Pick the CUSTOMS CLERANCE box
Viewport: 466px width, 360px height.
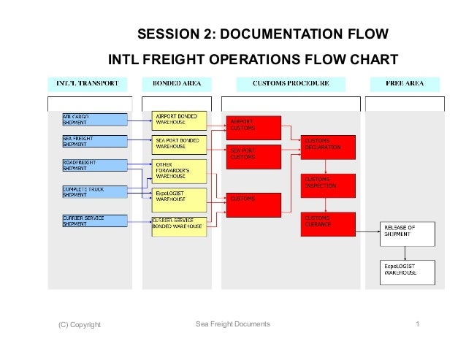tap(328, 223)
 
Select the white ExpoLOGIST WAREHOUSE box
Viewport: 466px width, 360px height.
tap(407, 272)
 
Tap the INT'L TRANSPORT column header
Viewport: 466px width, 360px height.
tap(88, 83)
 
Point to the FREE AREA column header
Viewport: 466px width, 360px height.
tap(405, 83)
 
